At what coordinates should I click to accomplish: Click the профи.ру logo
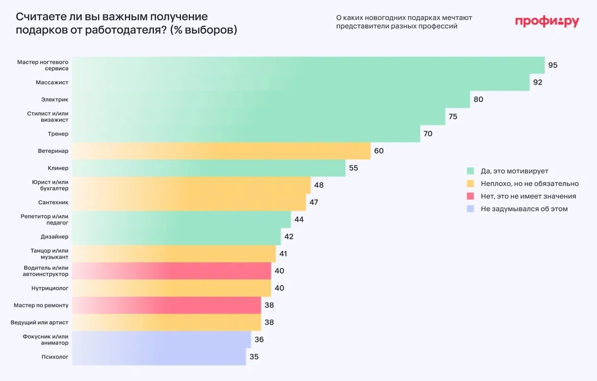pos(547,21)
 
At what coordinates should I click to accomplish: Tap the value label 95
pos(553,65)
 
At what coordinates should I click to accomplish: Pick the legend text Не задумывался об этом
pos(524,209)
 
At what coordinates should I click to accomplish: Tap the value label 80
pos(478,100)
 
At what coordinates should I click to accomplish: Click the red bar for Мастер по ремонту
pos(167,305)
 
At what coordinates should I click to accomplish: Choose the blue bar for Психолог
pos(159,357)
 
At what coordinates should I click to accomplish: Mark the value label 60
pos(379,151)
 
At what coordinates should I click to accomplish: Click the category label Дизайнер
pos(55,237)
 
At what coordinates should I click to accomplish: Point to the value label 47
pos(313,202)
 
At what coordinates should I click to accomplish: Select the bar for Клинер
pos(209,168)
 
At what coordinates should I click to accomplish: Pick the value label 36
pos(259,340)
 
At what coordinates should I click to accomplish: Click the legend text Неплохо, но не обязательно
pos(529,183)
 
